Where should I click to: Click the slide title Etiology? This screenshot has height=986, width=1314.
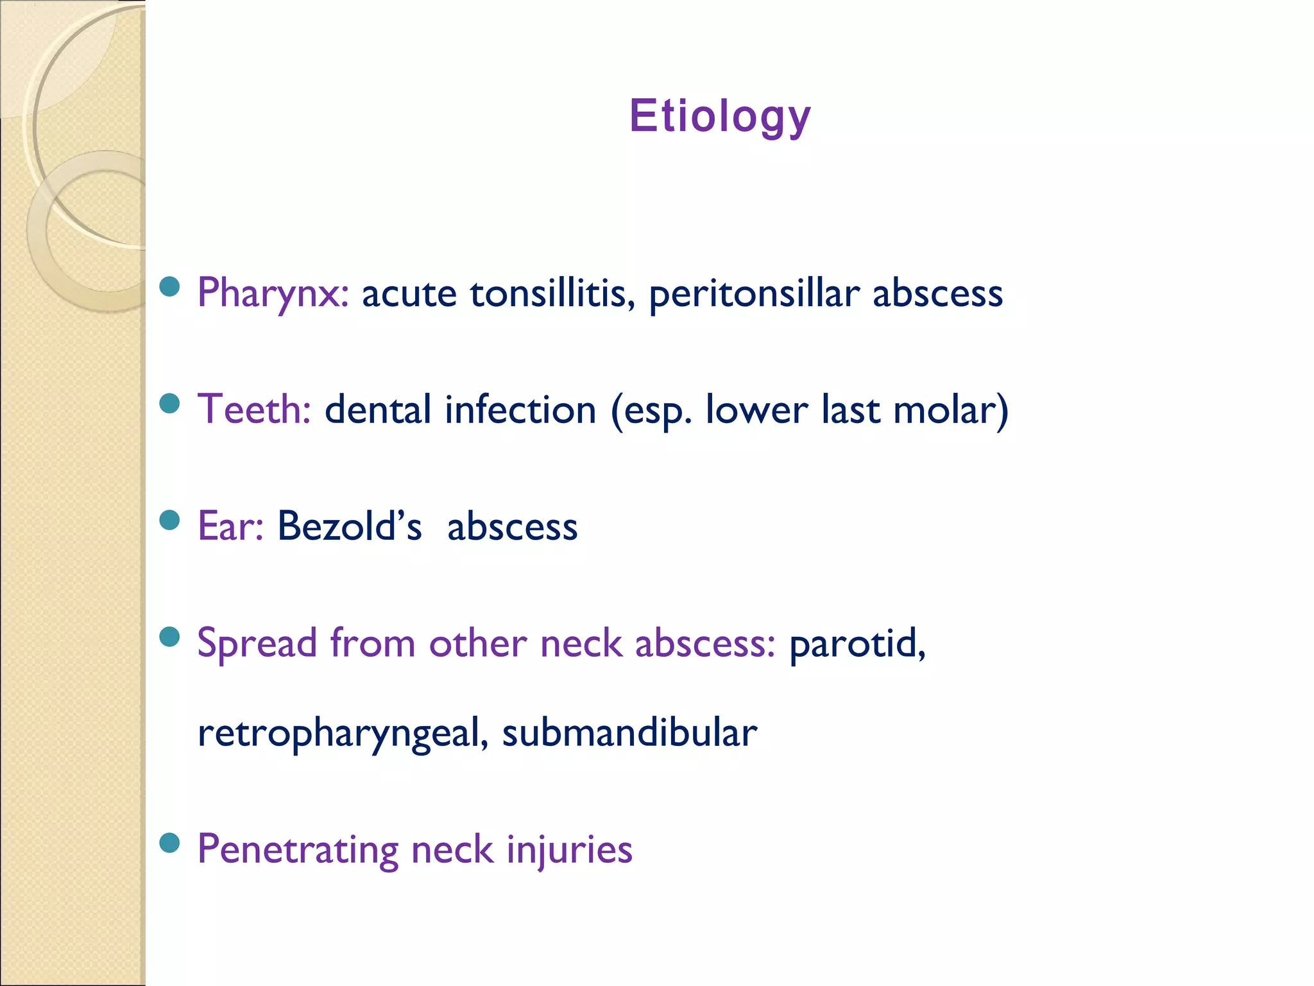720,116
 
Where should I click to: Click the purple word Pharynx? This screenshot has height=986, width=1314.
273,293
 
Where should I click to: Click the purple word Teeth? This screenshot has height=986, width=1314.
254,410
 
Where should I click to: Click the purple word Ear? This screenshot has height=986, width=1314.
230,526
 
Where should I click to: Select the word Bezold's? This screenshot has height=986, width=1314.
350,526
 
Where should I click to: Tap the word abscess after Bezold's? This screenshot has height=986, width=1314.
512,527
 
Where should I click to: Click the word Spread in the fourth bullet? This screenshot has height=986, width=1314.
257,643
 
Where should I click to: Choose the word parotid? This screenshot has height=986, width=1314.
857,643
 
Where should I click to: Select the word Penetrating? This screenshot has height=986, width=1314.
298,849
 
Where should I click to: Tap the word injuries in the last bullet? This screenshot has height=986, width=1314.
569,849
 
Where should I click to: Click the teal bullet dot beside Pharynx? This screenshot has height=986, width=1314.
169,286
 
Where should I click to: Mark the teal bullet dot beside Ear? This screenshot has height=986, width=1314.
169,519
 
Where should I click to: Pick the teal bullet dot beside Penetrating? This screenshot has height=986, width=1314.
169,842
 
